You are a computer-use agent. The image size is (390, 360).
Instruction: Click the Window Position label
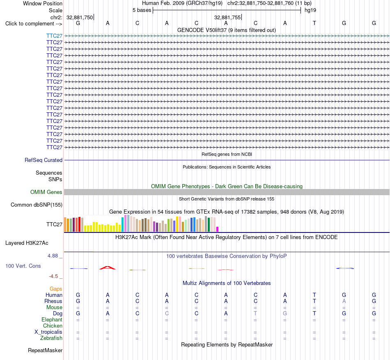(43, 3)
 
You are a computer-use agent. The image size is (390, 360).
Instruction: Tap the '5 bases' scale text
(142, 10)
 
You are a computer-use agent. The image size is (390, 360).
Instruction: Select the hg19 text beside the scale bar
(310, 10)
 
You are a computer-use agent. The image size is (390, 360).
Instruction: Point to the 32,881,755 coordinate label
(227, 17)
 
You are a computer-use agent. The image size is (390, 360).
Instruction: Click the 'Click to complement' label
(34, 24)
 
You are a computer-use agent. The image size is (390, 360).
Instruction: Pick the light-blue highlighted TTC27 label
(54, 36)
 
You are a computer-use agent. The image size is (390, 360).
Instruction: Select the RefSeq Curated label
(44, 160)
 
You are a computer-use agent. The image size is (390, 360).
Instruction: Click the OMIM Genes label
(46, 192)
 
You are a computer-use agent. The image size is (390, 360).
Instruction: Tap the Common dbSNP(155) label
(37, 205)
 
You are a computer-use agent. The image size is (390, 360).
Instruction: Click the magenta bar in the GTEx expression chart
(218, 229)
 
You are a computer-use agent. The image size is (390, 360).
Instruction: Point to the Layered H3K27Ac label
(27, 243)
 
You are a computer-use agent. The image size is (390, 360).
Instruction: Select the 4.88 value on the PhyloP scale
(53, 256)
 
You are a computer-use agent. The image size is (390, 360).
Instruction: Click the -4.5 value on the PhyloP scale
(53, 276)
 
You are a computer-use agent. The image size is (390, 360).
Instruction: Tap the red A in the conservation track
(108, 268)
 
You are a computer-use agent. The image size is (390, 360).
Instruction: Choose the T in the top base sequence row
(314, 23)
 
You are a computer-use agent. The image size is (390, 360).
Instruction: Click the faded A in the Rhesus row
(344, 301)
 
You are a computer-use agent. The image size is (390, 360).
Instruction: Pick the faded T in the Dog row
(255, 313)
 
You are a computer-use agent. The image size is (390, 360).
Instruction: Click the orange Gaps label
(56, 289)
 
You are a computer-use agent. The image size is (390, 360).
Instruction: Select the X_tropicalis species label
(48, 332)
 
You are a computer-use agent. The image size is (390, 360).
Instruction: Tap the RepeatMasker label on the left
(45, 350)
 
